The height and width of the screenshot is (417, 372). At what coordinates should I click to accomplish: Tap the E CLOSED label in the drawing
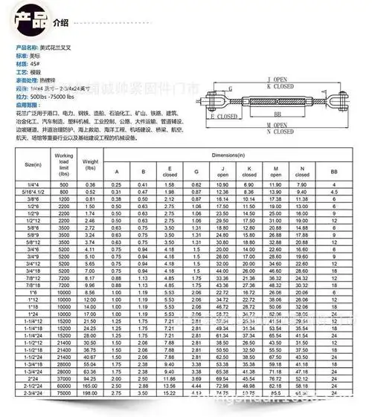[224, 117]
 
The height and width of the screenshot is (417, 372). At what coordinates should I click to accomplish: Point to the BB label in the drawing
[278, 114]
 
